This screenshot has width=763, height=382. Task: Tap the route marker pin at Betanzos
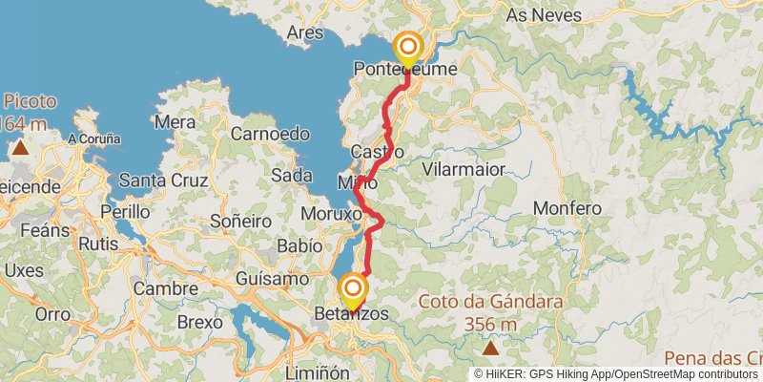[x=354, y=291]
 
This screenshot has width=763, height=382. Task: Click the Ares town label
[x=305, y=32]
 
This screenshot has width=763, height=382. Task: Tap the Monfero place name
[x=567, y=207]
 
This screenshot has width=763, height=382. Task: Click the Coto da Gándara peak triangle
[x=490, y=350]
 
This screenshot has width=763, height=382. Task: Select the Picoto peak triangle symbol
[x=20, y=148]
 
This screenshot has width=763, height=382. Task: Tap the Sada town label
[x=292, y=175]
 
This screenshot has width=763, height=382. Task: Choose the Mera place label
[x=175, y=122]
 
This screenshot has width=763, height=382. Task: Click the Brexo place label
[x=200, y=322]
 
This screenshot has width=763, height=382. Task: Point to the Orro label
[x=52, y=313]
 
